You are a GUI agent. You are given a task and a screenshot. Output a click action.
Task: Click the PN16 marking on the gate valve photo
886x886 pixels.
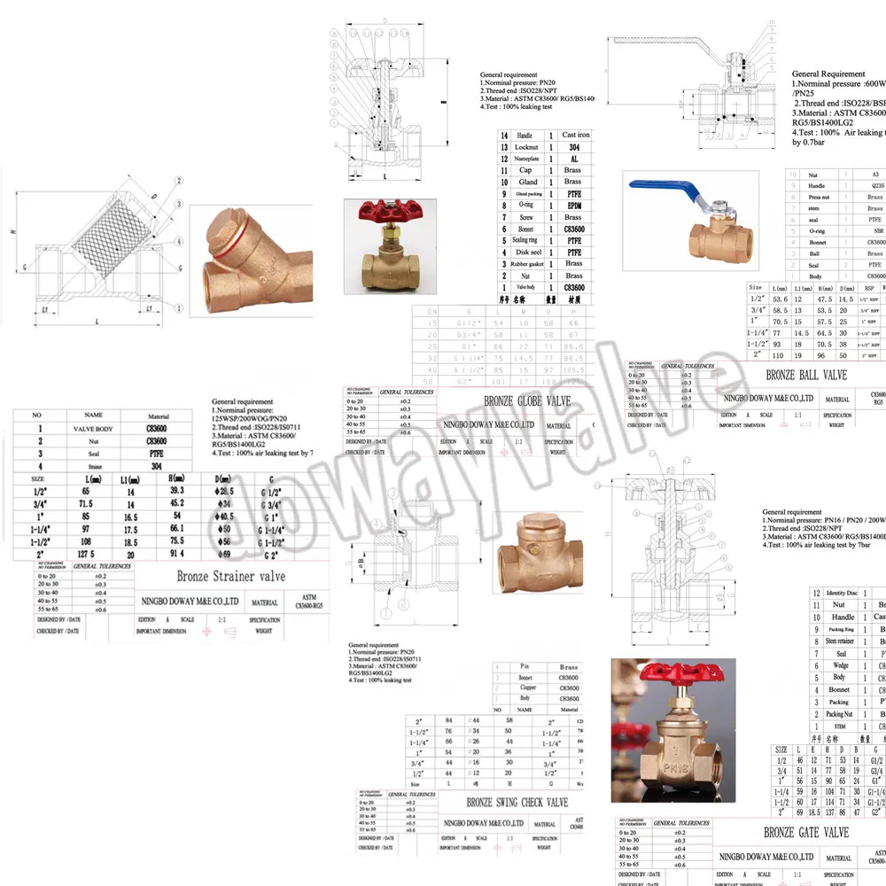664,755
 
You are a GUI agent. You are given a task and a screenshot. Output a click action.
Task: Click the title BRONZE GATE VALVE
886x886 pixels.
806,832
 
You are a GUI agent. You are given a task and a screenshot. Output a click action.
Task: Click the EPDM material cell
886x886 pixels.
573,206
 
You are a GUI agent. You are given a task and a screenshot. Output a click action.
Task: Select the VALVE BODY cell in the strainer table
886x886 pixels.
94,427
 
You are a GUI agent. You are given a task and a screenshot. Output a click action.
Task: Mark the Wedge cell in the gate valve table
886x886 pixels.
839,665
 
